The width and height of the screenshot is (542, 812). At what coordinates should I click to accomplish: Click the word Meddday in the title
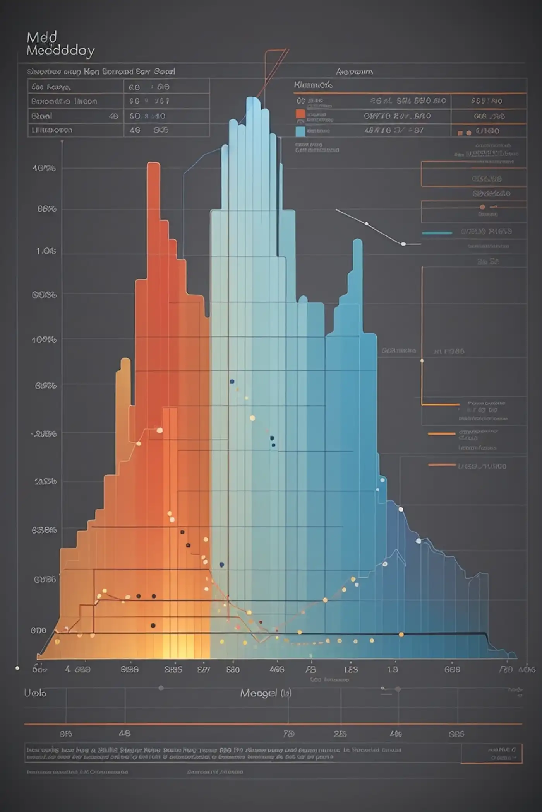click(x=60, y=51)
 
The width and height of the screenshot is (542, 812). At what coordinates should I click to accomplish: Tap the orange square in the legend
click(x=300, y=114)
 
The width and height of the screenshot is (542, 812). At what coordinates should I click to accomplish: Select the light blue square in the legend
click(x=300, y=131)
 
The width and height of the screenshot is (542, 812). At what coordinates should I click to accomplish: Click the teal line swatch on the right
click(x=437, y=233)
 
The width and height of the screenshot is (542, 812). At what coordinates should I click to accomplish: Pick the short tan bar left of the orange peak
click(x=125, y=362)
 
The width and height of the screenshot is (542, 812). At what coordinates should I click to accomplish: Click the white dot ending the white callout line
click(x=403, y=244)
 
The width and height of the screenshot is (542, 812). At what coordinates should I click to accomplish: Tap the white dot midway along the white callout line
click(x=366, y=223)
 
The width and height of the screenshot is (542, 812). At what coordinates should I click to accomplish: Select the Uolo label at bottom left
click(x=35, y=693)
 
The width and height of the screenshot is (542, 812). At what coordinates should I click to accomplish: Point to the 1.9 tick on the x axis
click(x=393, y=669)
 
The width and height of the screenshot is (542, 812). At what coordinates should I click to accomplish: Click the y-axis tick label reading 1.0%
click(x=46, y=251)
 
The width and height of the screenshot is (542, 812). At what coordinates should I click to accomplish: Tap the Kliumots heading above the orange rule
click(x=313, y=85)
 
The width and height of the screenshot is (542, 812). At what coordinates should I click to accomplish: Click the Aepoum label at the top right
click(x=354, y=72)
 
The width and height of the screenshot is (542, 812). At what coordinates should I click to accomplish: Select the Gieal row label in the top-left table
click(x=41, y=116)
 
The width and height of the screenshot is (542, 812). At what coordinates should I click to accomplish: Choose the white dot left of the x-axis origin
click(x=17, y=668)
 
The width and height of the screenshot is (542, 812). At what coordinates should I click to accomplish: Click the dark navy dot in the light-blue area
click(x=232, y=381)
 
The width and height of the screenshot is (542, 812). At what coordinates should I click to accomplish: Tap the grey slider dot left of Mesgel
click(x=161, y=688)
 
